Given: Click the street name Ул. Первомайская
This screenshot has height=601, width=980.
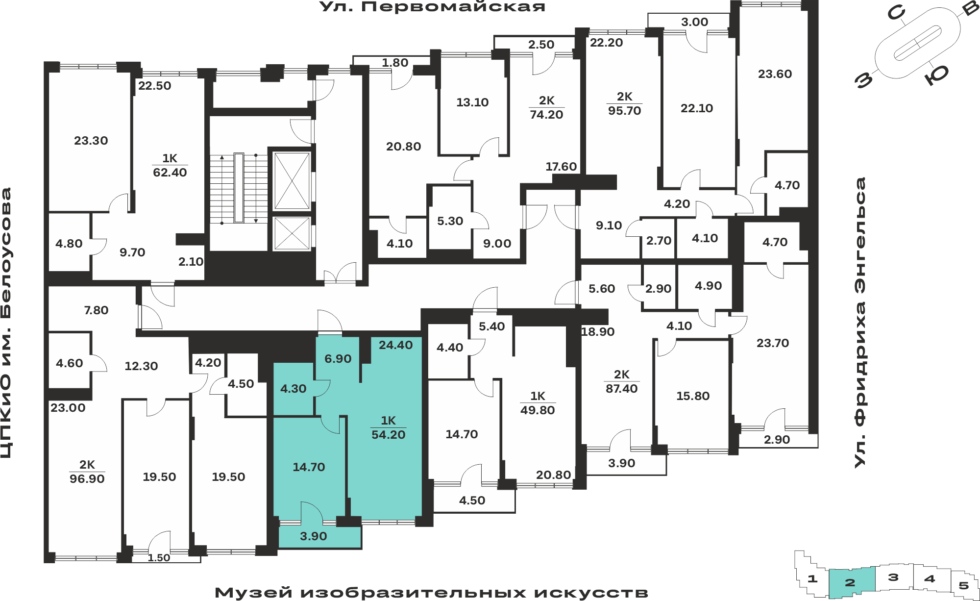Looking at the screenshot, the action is click(x=432, y=7).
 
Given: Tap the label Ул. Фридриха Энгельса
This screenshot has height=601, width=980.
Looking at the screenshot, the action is click(x=860, y=322).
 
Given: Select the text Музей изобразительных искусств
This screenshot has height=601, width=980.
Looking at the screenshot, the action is click(x=431, y=593).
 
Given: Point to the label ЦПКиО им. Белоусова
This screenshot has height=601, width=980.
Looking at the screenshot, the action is click(x=6, y=323).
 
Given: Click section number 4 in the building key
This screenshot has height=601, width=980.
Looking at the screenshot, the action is click(x=930, y=579).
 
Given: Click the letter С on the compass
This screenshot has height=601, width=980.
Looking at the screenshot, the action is click(x=896, y=13).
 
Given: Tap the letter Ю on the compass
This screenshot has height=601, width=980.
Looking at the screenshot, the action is click(x=936, y=75).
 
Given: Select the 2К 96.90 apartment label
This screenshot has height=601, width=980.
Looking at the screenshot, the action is click(x=87, y=472).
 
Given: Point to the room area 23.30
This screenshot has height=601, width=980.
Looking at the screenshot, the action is click(x=91, y=141).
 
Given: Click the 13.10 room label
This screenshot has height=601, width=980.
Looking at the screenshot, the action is click(x=472, y=102).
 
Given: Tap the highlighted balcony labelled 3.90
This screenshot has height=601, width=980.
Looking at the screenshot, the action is click(x=314, y=536).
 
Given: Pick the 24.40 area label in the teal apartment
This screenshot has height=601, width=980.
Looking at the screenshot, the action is click(x=396, y=345).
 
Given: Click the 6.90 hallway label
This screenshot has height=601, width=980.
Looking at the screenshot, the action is click(x=338, y=359).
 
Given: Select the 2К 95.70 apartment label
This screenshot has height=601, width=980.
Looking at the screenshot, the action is click(x=625, y=103).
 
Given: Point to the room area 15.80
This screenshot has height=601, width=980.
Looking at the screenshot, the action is click(x=693, y=396).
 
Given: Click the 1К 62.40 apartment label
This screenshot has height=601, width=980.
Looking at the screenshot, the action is click(x=170, y=165).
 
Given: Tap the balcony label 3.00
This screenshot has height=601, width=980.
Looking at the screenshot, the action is click(x=695, y=22).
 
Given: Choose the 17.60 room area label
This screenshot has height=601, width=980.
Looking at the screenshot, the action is click(x=561, y=167).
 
